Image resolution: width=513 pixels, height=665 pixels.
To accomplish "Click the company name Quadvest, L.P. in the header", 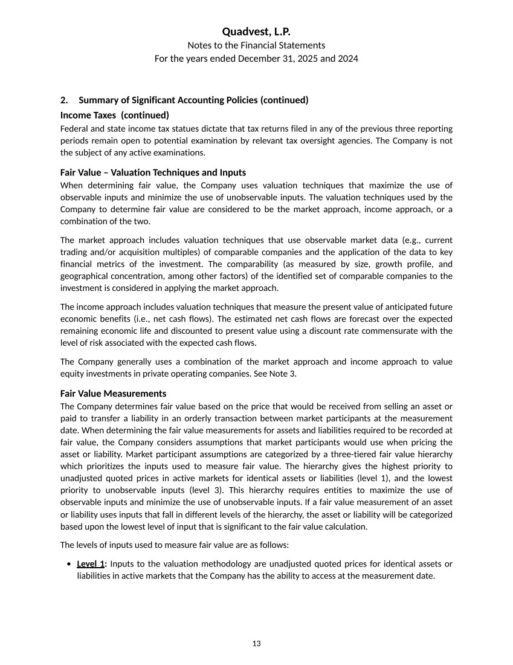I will (x=256, y=31).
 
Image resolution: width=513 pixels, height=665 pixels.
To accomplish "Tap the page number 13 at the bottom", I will (x=256, y=643).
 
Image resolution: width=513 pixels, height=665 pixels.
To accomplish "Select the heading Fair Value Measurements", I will (x=113, y=394).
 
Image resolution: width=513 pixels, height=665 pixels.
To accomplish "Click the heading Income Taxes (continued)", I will (x=115, y=115).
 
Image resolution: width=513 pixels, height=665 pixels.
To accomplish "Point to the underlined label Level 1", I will (x=91, y=564).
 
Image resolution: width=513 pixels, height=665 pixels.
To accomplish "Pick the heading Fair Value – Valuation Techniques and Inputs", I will (x=153, y=172).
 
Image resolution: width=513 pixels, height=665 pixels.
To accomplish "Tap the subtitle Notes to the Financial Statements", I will (x=256, y=45).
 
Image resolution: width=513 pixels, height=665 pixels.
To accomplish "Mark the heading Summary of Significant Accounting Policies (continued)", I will (x=193, y=100).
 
